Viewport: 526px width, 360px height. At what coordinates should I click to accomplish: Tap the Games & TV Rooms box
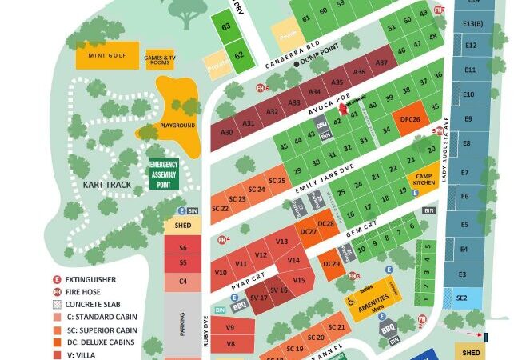pyautogui.click(x=159, y=58)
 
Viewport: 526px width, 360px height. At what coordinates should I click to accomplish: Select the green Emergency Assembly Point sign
pyautogui.click(x=165, y=174)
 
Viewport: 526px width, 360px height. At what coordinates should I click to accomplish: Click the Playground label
pyautogui.click(x=177, y=126)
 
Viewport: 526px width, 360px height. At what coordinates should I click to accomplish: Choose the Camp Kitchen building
pyautogui.click(x=424, y=179)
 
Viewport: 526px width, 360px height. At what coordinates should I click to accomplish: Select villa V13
pyautogui.click(x=281, y=241)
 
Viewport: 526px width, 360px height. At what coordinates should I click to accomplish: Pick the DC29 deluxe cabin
pyautogui.click(x=331, y=263)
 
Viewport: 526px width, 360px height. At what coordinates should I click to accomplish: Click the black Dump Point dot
pyautogui.click(x=297, y=63)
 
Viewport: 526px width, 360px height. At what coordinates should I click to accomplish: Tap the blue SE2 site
pyautogui.click(x=462, y=298)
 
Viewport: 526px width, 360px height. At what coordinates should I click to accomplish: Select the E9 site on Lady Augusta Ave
pyautogui.click(x=468, y=120)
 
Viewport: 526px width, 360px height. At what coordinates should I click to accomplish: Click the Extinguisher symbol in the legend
pyautogui.click(x=57, y=280)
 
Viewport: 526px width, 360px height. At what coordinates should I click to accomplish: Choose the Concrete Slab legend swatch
pyautogui.click(x=57, y=305)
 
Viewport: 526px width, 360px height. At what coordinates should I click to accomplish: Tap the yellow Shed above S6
pyautogui.click(x=177, y=226)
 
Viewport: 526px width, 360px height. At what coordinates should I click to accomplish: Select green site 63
pyautogui.click(x=226, y=27)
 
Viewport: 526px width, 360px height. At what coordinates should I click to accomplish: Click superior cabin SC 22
pyautogui.click(x=220, y=208)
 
